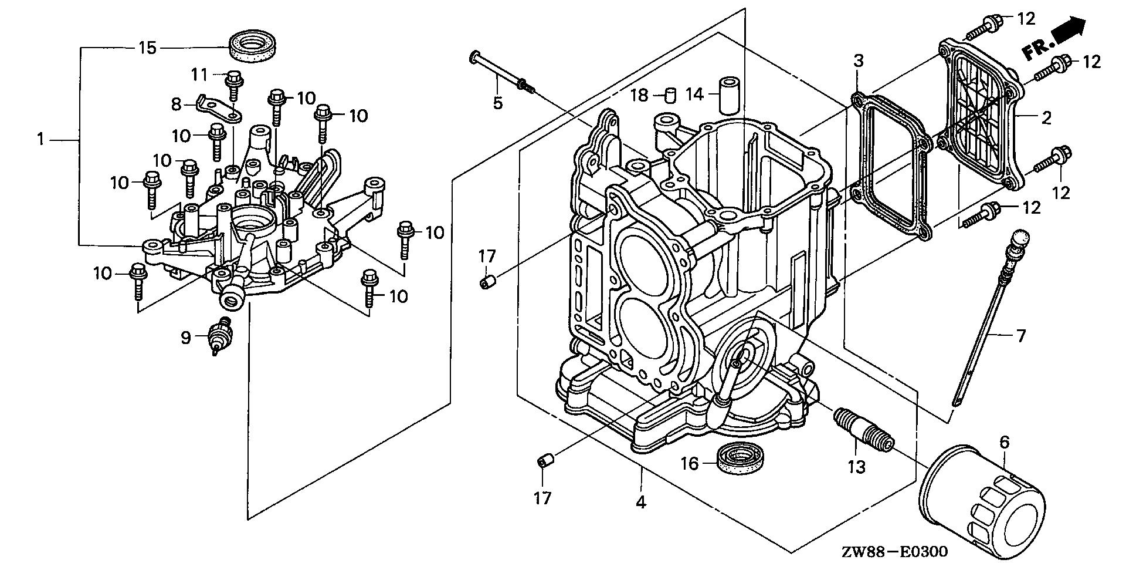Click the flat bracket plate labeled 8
218,108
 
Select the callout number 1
40,140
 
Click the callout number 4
641,503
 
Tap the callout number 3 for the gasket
858,60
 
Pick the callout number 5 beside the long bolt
497,103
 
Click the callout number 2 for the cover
1046,118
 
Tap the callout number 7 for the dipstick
1021,336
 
